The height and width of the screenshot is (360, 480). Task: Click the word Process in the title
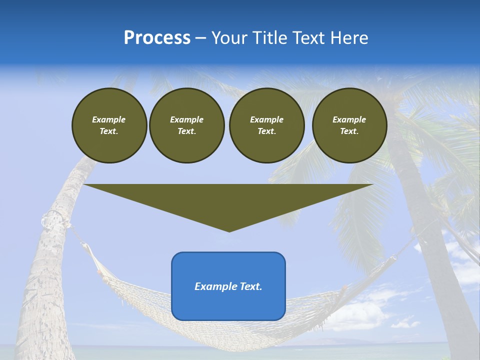pos(157,38)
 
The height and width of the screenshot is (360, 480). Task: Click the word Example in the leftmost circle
pos(109,119)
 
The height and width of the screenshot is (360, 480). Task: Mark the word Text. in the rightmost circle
pos(349,131)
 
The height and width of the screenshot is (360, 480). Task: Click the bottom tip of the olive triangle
pos(229,230)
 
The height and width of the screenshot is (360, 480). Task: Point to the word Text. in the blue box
pos(250,286)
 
